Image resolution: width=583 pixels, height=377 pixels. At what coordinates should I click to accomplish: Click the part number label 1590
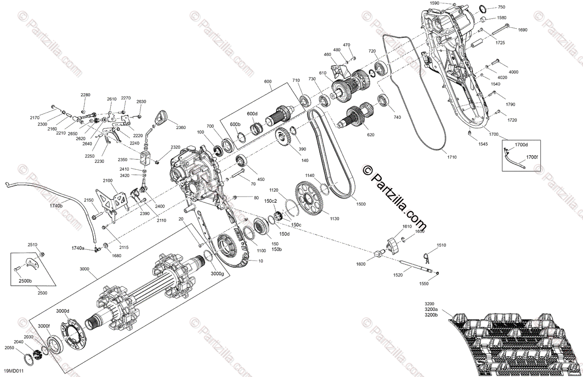(435, 3)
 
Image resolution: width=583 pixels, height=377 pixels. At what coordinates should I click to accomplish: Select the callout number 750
(501, 7)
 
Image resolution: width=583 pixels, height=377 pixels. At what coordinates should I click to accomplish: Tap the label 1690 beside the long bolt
(522, 30)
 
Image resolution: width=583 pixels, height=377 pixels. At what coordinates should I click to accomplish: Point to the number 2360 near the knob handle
(181, 128)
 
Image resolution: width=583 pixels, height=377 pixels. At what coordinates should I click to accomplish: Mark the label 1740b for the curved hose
(56, 206)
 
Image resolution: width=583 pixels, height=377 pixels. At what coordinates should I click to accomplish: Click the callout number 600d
(252, 114)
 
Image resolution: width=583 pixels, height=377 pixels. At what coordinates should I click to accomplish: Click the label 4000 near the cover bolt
(514, 72)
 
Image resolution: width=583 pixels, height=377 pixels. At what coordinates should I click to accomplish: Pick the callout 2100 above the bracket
(107, 181)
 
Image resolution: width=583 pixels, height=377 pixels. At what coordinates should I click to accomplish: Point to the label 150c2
(271, 201)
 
